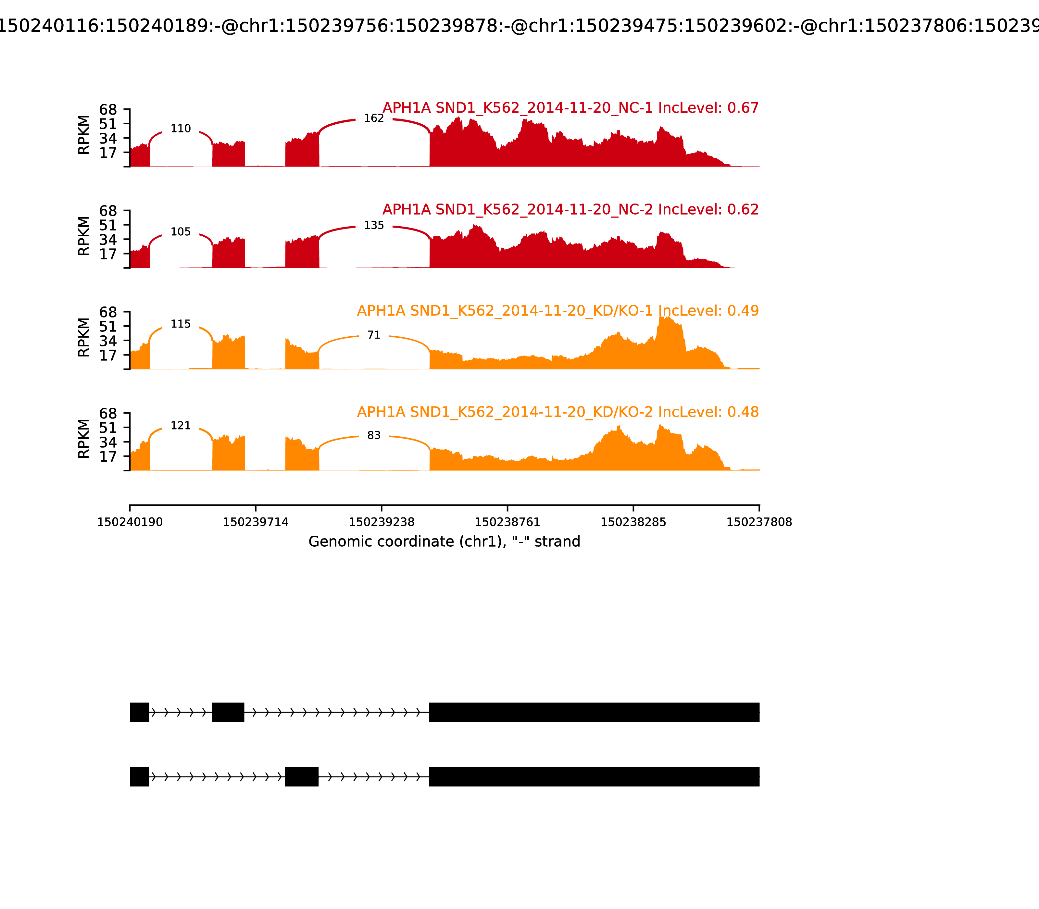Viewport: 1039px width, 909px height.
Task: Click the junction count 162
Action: (374, 118)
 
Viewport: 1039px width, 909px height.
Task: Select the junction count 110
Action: (181, 129)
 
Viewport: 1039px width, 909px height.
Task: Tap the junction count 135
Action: (374, 225)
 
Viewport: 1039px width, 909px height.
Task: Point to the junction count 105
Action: (181, 232)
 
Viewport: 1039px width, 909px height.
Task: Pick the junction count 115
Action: (181, 324)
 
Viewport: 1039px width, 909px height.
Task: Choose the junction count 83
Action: (374, 435)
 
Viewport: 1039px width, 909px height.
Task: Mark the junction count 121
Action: (181, 426)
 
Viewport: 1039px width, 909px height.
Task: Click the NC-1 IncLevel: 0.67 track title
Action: (570, 108)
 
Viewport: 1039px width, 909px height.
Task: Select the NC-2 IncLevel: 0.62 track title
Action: (570, 209)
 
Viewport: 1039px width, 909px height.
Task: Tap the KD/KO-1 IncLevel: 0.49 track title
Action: (557, 311)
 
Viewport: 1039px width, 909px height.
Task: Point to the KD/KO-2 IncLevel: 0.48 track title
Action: (557, 412)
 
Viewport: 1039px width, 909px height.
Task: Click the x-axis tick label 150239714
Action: (256, 522)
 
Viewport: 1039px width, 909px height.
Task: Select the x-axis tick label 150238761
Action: (507, 522)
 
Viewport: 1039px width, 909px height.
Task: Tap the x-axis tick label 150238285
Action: (633, 522)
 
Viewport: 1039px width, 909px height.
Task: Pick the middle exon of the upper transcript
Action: (228, 712)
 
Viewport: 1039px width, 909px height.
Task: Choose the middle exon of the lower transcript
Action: (302, 777)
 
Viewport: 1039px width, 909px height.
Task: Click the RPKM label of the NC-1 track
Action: (84, 135)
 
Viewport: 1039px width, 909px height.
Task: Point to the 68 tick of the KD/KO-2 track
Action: (108, 413)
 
